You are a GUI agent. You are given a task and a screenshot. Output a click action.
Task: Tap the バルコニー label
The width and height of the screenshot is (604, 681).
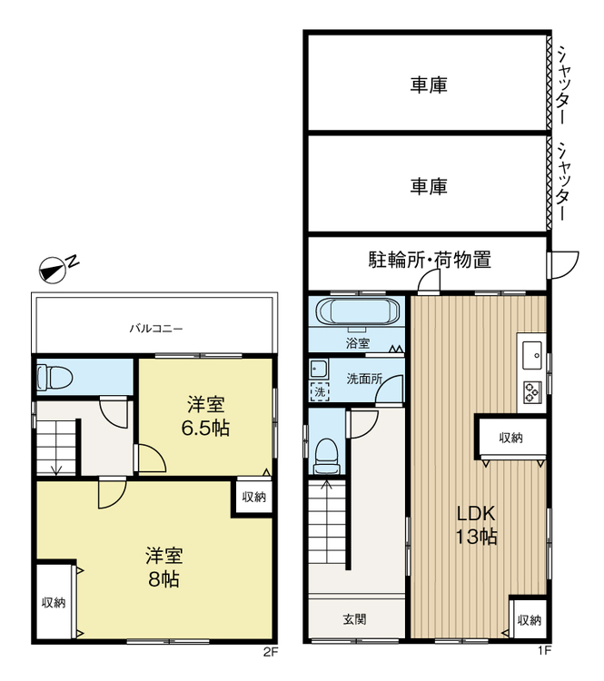click(x=153, y=328)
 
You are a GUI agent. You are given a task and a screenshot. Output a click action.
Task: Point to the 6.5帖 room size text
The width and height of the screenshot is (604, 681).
click(x=208, y=427)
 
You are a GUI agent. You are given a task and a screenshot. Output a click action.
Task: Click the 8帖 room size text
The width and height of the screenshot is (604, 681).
click(x=163, y=577)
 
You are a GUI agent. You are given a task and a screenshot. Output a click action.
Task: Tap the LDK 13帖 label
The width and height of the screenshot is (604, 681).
click(x=476, y=524)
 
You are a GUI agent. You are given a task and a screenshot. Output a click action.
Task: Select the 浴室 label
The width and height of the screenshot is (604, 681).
click(x=356, y=343)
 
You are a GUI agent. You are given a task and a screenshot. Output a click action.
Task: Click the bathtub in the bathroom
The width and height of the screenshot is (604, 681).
click(x=356, y=312)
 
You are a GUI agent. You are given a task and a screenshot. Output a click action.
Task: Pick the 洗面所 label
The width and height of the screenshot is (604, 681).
click(x=364, y=379)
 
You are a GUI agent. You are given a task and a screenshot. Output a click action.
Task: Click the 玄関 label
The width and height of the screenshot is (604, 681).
click(x=355, y=619)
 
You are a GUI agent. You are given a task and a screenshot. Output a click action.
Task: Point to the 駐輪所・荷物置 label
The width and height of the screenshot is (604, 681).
click(x=430, y=261)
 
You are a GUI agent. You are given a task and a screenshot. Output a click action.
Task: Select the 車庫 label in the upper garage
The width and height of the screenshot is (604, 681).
click(x=428, y=85)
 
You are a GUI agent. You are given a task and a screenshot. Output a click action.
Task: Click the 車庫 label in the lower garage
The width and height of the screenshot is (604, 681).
click(x=428, y=186)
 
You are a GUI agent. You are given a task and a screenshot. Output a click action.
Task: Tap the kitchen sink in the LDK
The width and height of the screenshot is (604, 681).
click(x=531, y=350)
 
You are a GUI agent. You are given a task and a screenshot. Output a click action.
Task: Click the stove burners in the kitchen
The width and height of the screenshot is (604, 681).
click(x=531, y=390)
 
